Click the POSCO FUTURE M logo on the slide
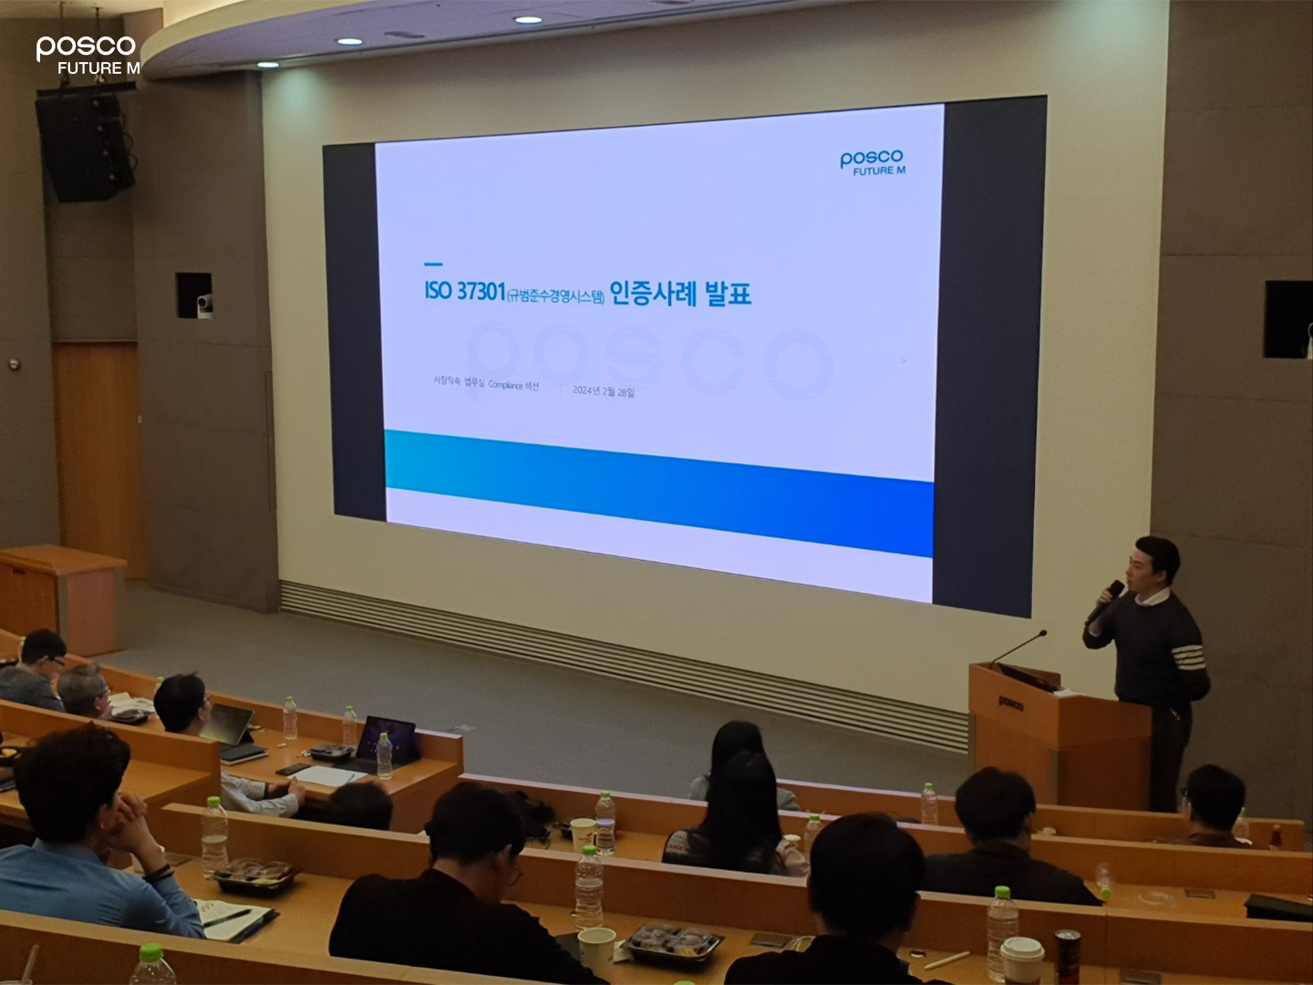coord(873,162)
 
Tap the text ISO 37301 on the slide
coord(464,291)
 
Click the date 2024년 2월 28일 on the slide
coord(603,391)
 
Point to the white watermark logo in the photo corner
coord(88,55)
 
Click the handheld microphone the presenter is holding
coord(1106,601)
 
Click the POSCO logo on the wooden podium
coord(1010,703)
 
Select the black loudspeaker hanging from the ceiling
coord(85,146)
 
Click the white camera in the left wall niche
coord(204,305)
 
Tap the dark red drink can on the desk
coord(1067,957)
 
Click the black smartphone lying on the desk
coord(294,769)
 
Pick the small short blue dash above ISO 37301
coord(433,264)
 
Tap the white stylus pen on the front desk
coord(946,959)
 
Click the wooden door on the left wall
coord(98,447)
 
